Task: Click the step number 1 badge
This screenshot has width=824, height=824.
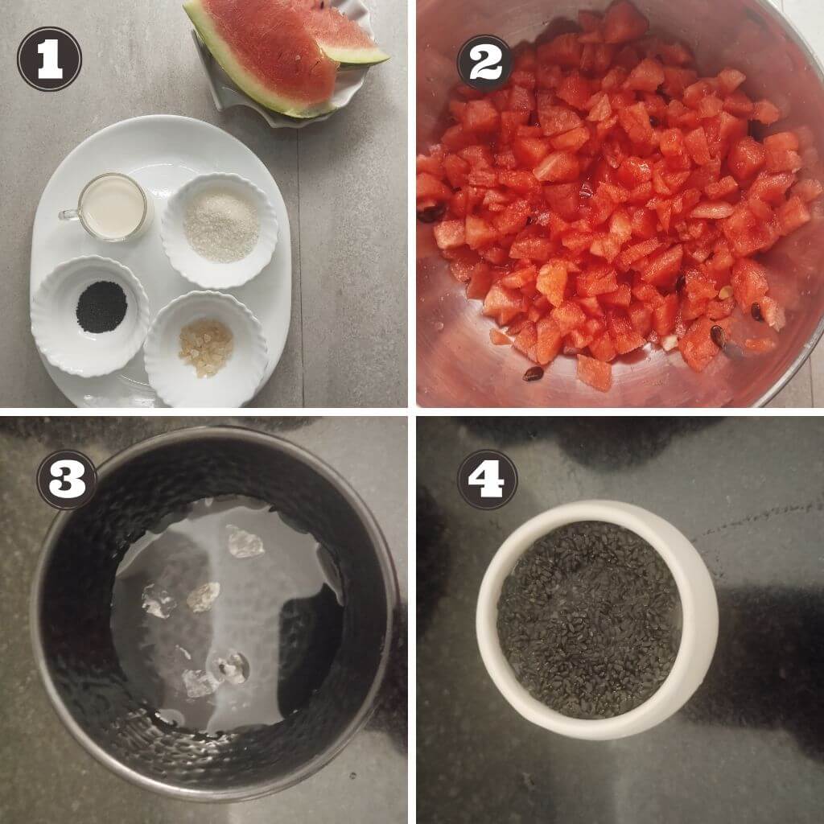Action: tap(49, 59)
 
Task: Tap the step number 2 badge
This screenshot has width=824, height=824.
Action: tap(484, 64)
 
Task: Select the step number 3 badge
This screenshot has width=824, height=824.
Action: tap(67, 480)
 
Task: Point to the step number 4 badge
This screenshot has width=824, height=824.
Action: tap(487, 480)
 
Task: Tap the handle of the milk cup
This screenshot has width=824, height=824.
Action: tap(68, 214)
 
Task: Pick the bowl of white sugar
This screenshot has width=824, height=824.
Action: tap(220, 230)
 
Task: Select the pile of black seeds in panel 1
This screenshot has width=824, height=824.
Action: tap(101, 307)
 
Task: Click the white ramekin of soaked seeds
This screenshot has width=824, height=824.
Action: tap(596, 619)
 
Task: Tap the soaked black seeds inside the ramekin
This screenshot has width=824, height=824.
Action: tap(590, 620)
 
